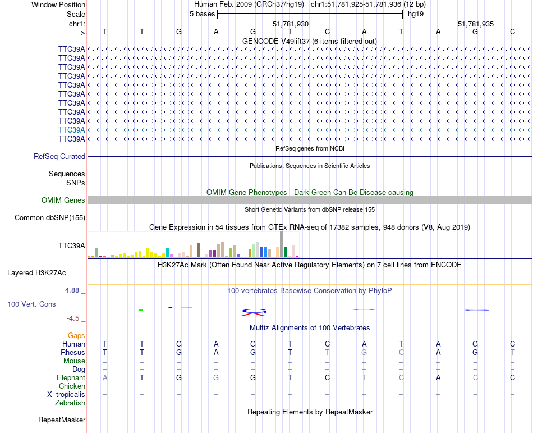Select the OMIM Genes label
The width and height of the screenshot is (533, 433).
(x=63, y=200)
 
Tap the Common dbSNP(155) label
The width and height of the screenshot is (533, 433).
(x=50, y=218)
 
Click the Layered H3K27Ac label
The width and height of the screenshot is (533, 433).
(x=36, y=273)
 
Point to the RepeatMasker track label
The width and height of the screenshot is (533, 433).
(x=62, y=420)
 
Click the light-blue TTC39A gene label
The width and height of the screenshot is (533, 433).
(x=72, y=130)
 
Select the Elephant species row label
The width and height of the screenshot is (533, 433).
(x=71, y=378)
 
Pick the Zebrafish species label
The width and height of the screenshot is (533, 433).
(x=70, y=403)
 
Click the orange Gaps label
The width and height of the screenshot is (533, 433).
(x=76, y=335)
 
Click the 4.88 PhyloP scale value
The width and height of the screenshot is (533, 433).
(x=73, y=290)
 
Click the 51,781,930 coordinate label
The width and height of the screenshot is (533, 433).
(x=291, y=24)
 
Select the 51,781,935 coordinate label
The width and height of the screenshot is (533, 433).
(x=476, y=24)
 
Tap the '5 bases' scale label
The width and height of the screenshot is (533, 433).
(x=202, y=13)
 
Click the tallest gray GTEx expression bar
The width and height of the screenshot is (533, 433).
(x=281, y=245)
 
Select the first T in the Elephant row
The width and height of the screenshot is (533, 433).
(x=142, y=378)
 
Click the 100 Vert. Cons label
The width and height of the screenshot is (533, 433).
(x=31, y=304)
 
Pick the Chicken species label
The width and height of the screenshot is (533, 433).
(x=72, y=386)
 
